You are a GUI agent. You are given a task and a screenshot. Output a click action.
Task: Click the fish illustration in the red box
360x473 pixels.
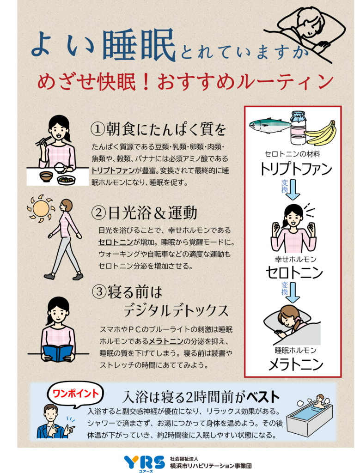coord(269,124)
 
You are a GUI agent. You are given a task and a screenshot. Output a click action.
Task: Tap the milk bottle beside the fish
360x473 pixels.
coord(299,128)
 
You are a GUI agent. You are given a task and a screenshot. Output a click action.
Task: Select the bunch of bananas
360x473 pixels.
coord(321,133)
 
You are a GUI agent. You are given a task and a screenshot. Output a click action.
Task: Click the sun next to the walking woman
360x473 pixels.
coord(40,208)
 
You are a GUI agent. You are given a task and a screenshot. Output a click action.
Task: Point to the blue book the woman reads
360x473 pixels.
coord(57,352)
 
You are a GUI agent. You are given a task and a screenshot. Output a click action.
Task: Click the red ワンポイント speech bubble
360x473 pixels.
coord(75,394)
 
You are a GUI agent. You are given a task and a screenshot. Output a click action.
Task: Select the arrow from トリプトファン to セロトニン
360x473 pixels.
coord(293,190)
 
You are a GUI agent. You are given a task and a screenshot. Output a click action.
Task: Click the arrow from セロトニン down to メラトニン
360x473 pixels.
coord(293,292)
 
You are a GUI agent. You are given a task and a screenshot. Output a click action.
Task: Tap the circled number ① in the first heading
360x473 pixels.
coord(98,129)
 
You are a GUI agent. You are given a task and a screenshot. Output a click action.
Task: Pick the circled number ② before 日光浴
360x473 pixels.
coord(98,213)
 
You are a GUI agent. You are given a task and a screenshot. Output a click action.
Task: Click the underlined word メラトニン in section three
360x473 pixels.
coord(166,341)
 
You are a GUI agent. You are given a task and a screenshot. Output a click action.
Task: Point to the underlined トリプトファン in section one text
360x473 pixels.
coord(113,171)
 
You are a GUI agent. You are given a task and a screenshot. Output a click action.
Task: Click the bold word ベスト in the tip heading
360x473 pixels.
coord(263,397)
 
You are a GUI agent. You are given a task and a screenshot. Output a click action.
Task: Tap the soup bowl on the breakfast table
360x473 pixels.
coord(47,176)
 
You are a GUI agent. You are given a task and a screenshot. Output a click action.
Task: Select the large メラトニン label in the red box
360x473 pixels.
coord(295,364)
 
